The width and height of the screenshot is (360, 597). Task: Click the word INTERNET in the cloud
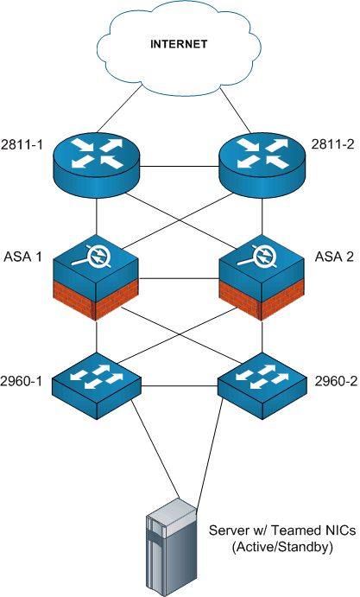point(179,44)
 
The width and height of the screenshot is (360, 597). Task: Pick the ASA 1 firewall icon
point(97,278)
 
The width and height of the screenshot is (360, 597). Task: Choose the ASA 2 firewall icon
point(262,278)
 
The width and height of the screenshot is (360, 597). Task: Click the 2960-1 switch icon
point(97,385)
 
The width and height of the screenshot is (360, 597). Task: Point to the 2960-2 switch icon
point(262,385)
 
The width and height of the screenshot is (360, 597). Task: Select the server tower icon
point(172,547)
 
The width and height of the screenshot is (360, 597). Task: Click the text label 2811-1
point(22,145)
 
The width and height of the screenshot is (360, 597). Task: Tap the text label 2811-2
point(333,144)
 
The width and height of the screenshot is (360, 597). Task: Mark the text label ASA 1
point(22,257)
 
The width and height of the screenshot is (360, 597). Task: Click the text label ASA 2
point(334,257)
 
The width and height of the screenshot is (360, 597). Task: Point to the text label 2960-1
point(21,381)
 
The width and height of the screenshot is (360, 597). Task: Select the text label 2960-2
point(336,381)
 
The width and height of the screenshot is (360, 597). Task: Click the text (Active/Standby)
point(282,547)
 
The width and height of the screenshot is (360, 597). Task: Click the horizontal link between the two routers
point(180,167)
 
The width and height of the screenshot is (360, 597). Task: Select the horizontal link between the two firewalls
point(179,279)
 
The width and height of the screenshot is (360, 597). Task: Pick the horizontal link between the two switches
point(180,386)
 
